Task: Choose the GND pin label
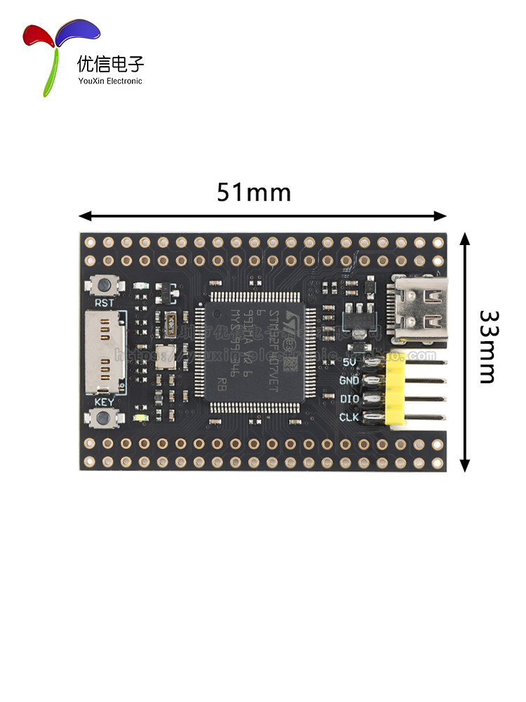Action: (349, 380)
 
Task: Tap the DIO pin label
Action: (349, 399)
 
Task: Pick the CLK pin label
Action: (349, 417)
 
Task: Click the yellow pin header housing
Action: (396, 390)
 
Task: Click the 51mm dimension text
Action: (253, 192)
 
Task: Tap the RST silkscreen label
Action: (104, 303)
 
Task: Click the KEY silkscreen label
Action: (104, 402)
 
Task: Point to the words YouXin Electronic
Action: (109, 81)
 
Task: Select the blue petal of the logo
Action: (79, 32)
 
